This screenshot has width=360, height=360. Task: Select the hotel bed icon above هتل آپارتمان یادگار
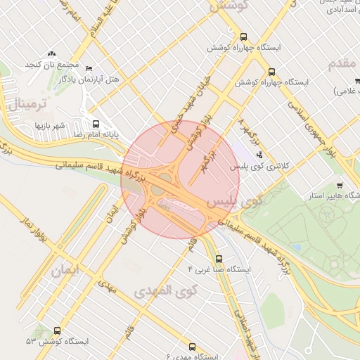[x=88, y=68]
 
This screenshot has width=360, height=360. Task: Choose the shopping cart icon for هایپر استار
[x=339, y=185]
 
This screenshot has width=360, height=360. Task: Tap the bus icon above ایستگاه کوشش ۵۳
[x=57, y=330]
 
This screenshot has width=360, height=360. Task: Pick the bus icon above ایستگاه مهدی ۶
[x=193, y=347]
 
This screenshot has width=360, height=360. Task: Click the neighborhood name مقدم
[x=342, y=63]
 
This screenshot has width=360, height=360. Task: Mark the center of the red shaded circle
[x=180, y=179]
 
